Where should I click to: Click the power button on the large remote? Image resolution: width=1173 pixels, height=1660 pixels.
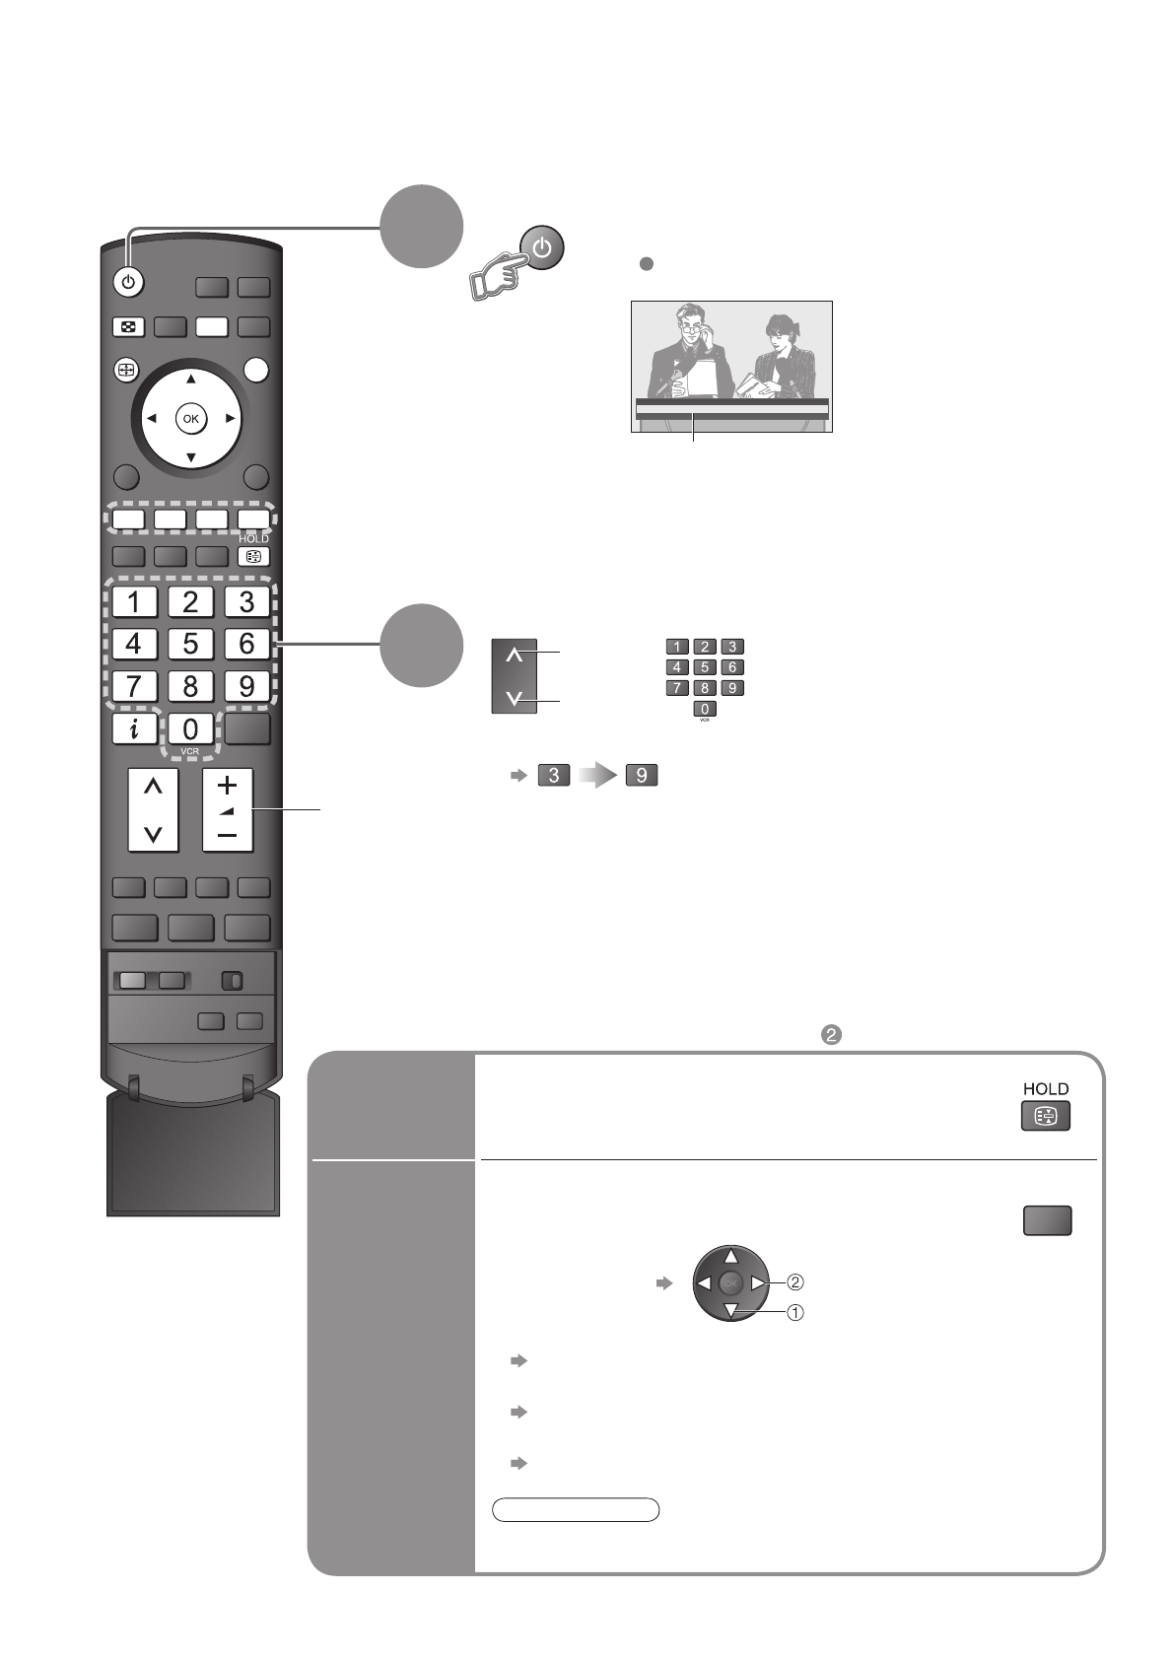(128, 283)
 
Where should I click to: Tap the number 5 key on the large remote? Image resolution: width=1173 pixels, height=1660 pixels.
(190, 644)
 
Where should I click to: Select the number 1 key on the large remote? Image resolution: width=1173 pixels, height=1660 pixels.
(134, 600)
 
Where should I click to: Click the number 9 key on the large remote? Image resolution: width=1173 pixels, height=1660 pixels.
(246, 685)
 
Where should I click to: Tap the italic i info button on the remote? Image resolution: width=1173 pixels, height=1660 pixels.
(134, 728)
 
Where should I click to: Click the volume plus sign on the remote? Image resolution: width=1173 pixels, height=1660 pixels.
(228, 786)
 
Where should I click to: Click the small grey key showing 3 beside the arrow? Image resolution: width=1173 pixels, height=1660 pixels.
(554, 776)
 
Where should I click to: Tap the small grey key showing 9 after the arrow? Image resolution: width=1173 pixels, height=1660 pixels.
(641, 776)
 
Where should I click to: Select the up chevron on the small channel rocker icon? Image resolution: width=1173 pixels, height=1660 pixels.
(514, 656)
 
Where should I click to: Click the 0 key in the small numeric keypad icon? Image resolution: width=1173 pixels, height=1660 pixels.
(705, 709)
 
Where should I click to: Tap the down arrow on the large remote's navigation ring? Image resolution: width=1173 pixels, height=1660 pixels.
(191, 457)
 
